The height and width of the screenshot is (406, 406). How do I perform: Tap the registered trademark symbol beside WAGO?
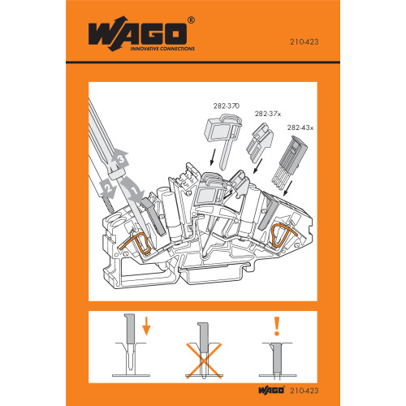pos(191,20)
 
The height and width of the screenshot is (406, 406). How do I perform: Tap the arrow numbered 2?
pos(106,188)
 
